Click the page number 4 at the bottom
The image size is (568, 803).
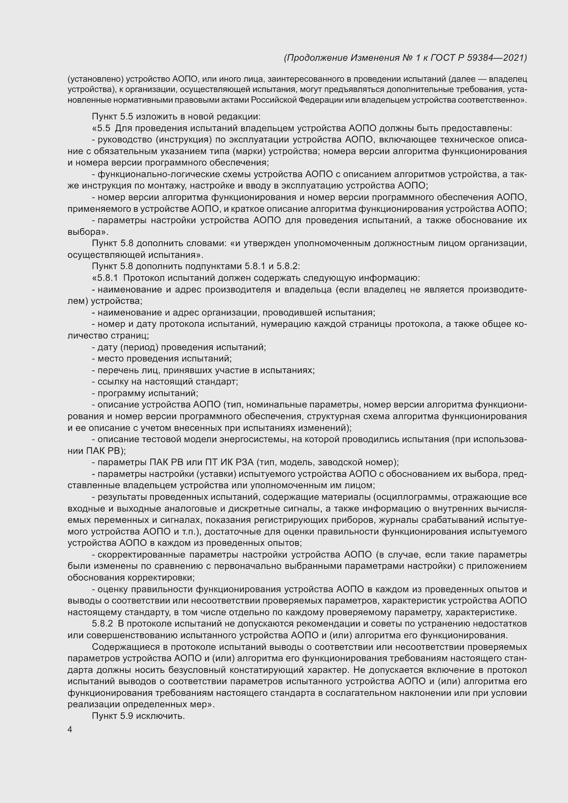click(x=70, y=730)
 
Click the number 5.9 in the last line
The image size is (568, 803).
click(x=127, y=716)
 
